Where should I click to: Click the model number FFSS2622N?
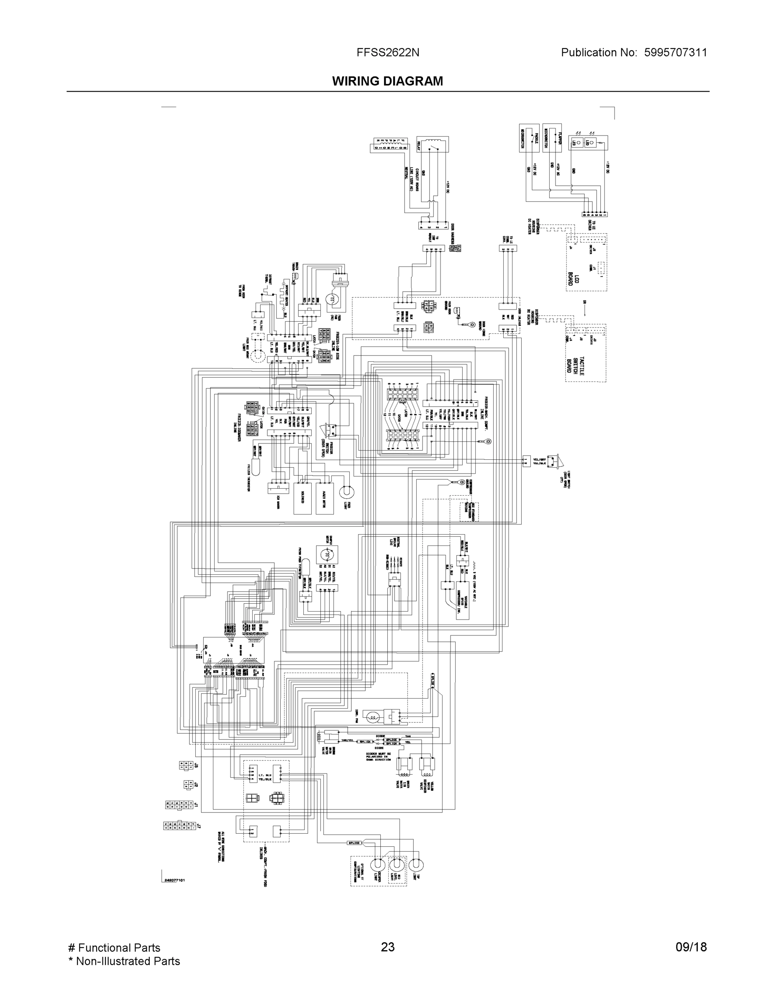pos(387,52)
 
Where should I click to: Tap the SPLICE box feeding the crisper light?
pos(354,843)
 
